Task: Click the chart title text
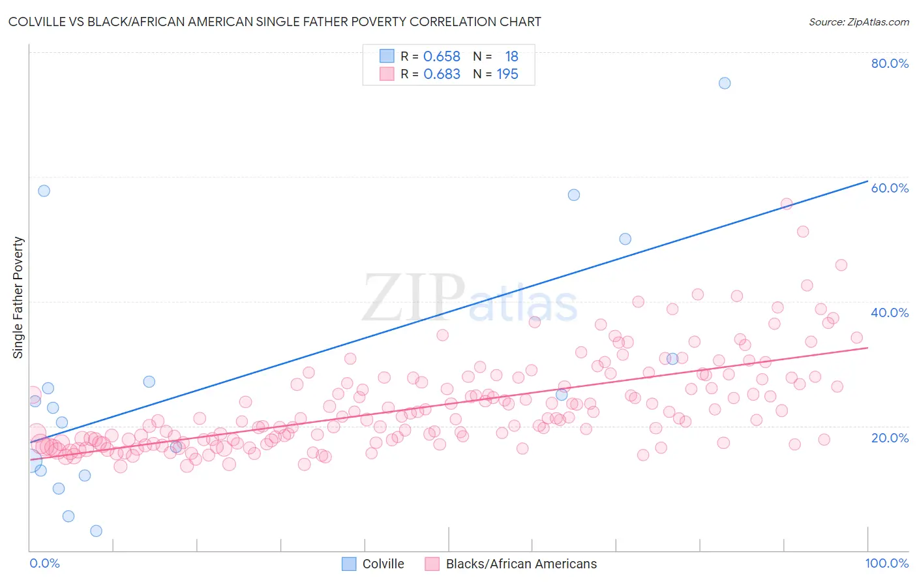[275, 22]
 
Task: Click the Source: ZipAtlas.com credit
[858, 22]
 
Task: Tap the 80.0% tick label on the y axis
[890, 63]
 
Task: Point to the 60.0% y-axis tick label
[890, 188]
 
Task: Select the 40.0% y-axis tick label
[890, 313]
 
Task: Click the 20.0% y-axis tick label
[890, 438]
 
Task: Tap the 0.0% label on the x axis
[44, 563]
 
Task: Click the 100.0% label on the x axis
[886, 563]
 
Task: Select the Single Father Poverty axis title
[18, 297]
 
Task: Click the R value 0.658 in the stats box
[442, 57]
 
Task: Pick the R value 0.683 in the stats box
[442, 74]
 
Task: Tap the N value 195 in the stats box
[507, 74]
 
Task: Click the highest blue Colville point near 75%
[725, 83]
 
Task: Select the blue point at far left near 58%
[44, 191]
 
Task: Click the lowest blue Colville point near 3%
[96, 531]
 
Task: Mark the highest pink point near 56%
[787, 204]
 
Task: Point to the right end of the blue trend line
[867, 181]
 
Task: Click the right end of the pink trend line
[867, 348]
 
